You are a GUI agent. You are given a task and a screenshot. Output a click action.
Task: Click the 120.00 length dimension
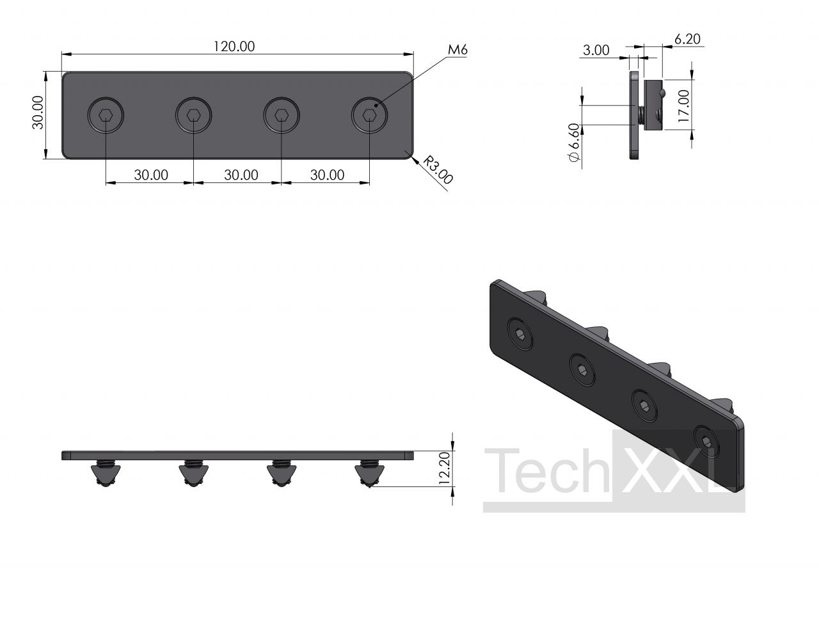coord(234,46)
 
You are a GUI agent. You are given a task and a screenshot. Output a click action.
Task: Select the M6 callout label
coord(457,49)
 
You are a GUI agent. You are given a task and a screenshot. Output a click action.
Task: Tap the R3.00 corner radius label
coord(438,170)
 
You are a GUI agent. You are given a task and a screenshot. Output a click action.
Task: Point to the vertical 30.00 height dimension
coord(38,113)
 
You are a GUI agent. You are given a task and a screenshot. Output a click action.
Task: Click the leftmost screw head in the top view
coord(106,115)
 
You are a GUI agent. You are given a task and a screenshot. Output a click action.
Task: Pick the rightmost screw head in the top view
coord(369,115)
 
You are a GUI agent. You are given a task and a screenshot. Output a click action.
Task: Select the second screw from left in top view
coord(193,115)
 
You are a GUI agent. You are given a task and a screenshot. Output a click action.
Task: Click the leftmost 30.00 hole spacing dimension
coord(151,175)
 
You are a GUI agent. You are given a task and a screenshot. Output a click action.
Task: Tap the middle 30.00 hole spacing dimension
coord(241,175)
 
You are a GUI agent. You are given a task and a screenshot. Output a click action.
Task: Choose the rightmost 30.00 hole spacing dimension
coord(327,175)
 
